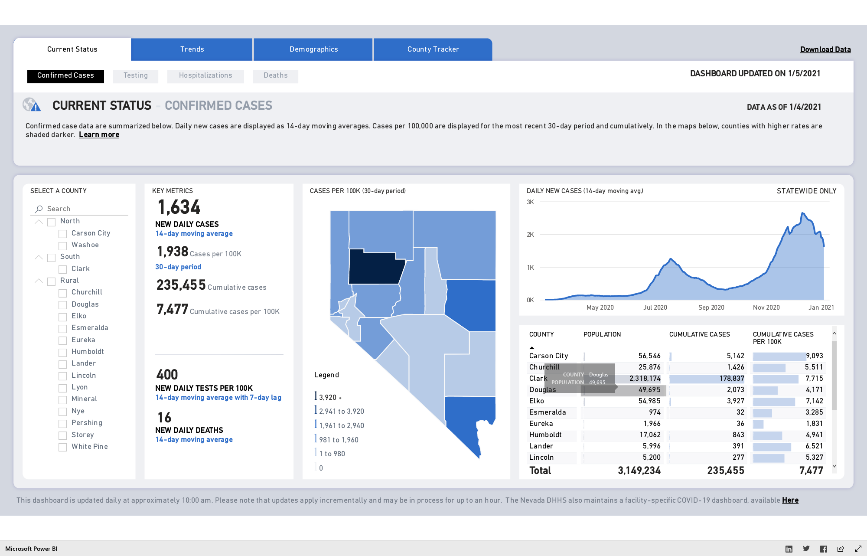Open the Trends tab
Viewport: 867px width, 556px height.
click(x=192, y=49)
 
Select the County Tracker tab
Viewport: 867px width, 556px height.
click(x=433, y=49)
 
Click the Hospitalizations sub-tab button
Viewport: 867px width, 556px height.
click(x=205, y=76)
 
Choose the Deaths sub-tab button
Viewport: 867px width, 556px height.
click(x=276, y=76)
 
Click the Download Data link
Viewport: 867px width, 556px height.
click(x=825, y=49)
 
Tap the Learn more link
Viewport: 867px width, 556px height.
click(x=99, y=135)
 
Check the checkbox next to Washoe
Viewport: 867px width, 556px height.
click(x=63, y=246)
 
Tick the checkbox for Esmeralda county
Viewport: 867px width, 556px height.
click(x=63, y=329)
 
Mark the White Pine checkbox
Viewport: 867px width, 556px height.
click(x=63, y=447)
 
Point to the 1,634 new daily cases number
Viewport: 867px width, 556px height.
click(x=179, y=207)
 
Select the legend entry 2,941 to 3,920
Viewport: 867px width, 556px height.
click(x=341, y=411)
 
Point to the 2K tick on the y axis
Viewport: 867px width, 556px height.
click(x=530, y=235)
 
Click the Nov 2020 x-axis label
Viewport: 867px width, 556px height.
click(x=766, y=307)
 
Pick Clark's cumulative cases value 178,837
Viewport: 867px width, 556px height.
click(x=732, y=379)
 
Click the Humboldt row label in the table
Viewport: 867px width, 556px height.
click(x=545, y=435)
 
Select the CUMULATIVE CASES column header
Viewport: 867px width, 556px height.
click(x=700, y=334)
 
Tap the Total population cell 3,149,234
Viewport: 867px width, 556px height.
click(x=639, y=471)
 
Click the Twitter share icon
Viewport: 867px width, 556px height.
click(x=806, y=549)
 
